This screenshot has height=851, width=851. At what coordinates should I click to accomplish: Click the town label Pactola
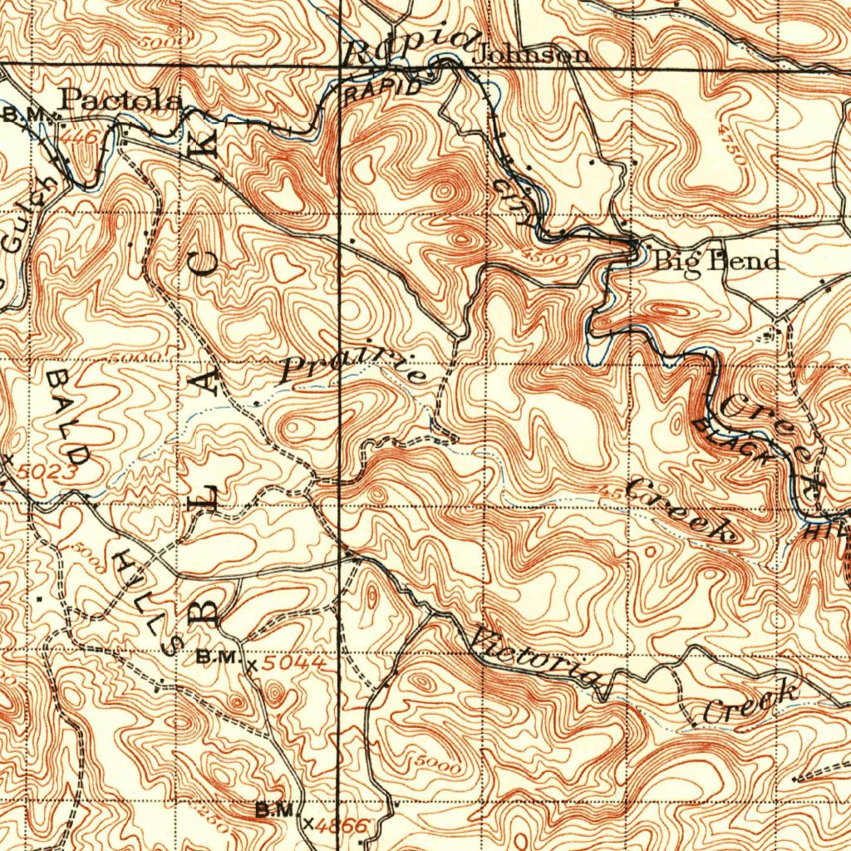coord(122,101)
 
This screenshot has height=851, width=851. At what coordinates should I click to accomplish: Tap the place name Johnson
coord(532,55)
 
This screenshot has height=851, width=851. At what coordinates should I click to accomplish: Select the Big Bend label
coord(716,260)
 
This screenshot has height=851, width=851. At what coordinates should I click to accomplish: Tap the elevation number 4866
coord(345,824)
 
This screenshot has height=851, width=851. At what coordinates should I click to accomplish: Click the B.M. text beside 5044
coord(218,657)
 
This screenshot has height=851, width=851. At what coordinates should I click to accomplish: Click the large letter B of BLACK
coord(205,610)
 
